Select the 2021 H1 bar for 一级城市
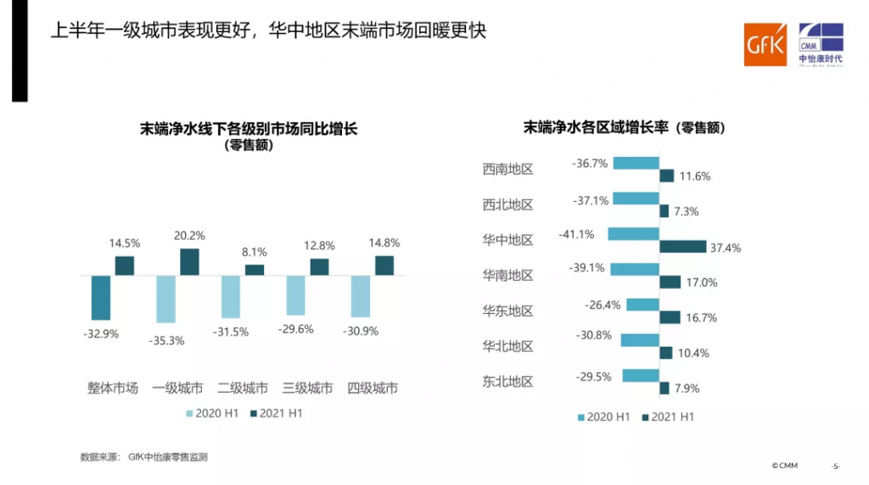[x=189, y=262]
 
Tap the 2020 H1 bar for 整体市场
[x=101, y=298]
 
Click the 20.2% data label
[x=189, y=235]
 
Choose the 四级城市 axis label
[x=373, y=388]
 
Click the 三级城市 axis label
[x=307, y=388]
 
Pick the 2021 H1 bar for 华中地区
[x=682, y=247]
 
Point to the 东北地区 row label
[x=507, y=382]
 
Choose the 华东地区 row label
[x=507, y=310]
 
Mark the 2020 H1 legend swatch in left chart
[x=190, y=414]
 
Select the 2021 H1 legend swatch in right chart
[x=646, y=416]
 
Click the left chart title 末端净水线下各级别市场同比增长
[x=249, y=129]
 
